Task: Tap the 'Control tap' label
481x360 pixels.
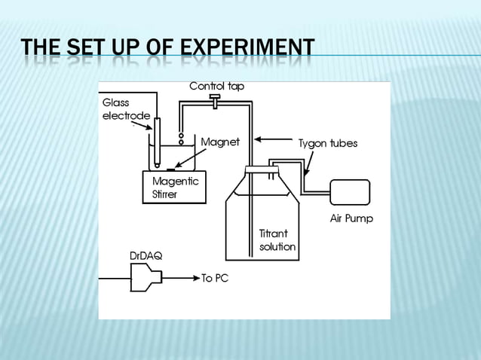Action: coord(216,87)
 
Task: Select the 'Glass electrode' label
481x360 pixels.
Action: coord(126,108)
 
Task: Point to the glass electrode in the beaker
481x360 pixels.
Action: coord(157,143)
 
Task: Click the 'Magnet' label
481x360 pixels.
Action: coord(219,142)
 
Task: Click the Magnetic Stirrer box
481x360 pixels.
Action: coord(174,186)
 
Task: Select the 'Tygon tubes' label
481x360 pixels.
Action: coord(327,142)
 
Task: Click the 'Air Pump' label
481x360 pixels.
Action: coord(352,219)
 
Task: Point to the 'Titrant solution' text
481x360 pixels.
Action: coord(277,240)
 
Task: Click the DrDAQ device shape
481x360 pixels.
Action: coord(146,279)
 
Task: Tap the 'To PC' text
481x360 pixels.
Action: coord(214,279)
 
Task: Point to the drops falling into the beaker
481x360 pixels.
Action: coord(181,136)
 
